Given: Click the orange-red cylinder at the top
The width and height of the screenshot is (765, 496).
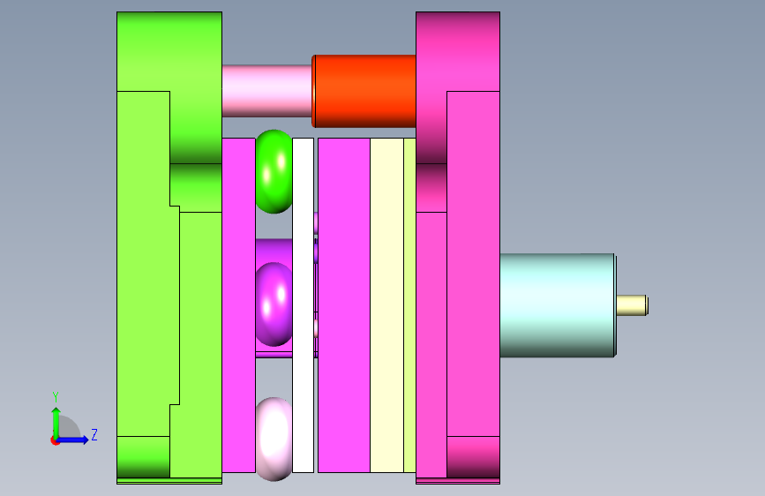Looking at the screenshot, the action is coord(364,91).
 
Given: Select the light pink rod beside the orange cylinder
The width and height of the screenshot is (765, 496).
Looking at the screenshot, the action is coord(266,91).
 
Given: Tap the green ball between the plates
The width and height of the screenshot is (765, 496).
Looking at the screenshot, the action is coord(274,171).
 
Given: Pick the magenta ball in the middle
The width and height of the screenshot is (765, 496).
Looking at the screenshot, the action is coord(274,304).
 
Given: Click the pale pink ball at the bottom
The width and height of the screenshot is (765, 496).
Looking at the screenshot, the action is coord(274,439).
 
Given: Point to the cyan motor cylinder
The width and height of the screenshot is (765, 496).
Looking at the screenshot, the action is coord(558,305).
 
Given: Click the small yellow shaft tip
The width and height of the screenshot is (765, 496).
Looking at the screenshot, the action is coord(633,305).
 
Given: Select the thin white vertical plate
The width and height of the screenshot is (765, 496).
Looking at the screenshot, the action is coord(303,305).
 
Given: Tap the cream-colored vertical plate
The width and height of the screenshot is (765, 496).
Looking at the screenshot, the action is coord(386,305).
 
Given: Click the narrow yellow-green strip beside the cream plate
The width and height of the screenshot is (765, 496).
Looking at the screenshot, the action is coord(409,305).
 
